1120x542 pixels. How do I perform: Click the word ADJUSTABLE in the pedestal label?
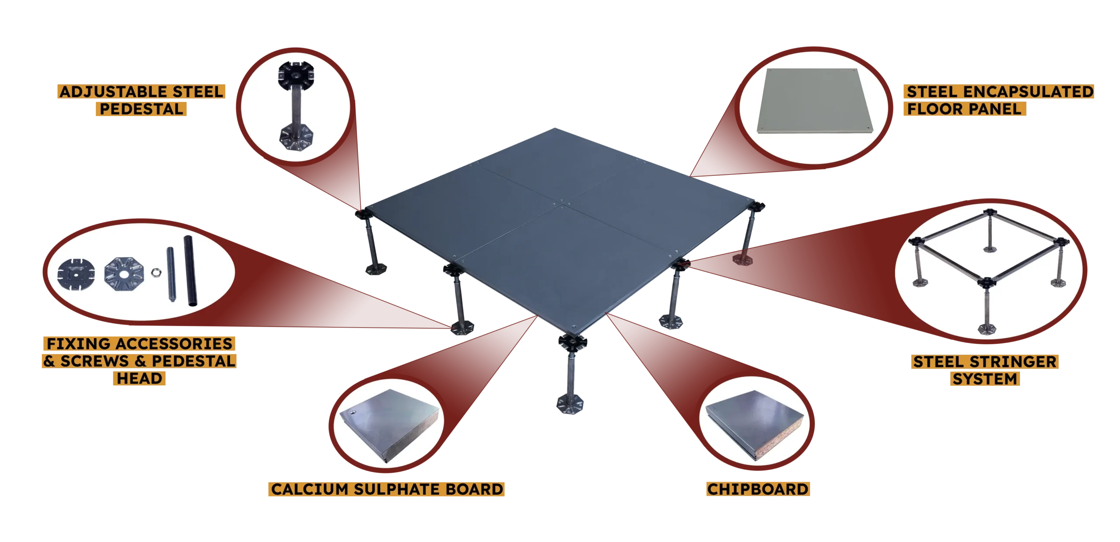(x=114, y=91)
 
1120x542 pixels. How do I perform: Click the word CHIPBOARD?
(x=758, y=489)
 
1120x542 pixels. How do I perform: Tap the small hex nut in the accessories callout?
(x=156, y=273)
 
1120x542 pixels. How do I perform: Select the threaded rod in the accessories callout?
(x=171, y=274)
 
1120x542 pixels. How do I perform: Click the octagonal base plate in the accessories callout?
(x=124, y=274)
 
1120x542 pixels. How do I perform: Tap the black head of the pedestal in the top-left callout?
(x=296, y=75)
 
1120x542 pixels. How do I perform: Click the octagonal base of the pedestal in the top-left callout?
(x=296, y=137)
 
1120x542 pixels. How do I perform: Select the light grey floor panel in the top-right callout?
(x=814, y=101)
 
